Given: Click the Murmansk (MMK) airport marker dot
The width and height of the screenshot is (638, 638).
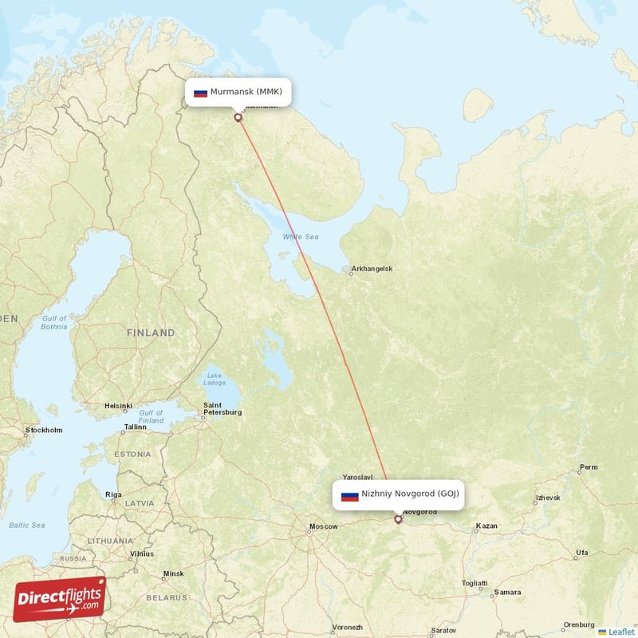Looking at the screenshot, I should pyautogui.click(x=238, y=117).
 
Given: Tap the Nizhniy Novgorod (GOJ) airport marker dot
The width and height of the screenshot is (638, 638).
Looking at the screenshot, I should pyautogui.click(x=398, y=519).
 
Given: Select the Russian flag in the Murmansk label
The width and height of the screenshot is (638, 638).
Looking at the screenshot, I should pyautogui.click(x=200, y=92).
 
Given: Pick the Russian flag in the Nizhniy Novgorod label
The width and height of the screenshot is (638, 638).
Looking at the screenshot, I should pyautogui.click(x=349, y=494).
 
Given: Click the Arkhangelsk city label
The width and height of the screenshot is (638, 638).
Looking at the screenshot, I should pyautogui.click(x=372, y=270).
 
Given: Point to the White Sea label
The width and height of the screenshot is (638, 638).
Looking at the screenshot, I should pyautogui.click(x=301, y=237).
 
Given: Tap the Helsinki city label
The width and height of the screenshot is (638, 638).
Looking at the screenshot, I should pyautogui.click(x=117, y=406).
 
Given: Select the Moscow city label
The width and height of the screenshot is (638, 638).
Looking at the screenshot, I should pyautogui.click(x=323, y=526).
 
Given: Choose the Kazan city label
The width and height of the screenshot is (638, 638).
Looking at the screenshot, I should pyautogui.click(x=486, y=526).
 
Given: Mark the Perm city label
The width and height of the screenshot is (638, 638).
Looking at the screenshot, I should pyautogui.click(x=589, y=467).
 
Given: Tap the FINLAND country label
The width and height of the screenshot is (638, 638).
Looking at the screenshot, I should pyautogui.click(x=150, y=333).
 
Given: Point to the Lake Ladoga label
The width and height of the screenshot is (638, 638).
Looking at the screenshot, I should pyautogui.click(x=214, y=379).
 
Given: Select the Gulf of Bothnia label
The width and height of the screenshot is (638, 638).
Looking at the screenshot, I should pyautogui.click(x=53, y=322).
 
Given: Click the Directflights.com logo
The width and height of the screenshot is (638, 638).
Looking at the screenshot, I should pyautogui.click(x=60, y=599).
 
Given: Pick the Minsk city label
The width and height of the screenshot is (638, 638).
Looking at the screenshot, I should pyautogui.click(x=173, y=573).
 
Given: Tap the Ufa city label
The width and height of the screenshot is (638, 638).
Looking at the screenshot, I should pyautogui.click(x=581, y=553).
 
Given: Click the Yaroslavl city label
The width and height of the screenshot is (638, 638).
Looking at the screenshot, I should pyautogui.click(x=357, y=477).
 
